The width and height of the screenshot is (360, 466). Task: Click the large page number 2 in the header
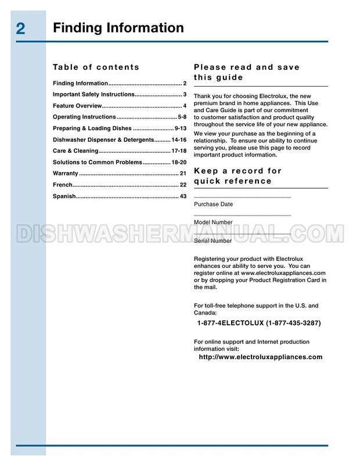20,29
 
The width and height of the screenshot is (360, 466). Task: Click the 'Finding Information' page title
118,27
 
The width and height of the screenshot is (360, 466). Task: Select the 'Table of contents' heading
96,67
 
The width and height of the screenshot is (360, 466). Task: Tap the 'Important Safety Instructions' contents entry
93,94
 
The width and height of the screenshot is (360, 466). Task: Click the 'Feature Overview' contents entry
77,106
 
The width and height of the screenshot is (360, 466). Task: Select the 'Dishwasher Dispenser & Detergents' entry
103,140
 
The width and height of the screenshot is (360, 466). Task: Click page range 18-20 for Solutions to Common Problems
176,162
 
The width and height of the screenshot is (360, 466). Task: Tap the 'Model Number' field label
213,222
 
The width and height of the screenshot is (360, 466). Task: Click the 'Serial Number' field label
213,241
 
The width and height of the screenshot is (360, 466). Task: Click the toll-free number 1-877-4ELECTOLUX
260,323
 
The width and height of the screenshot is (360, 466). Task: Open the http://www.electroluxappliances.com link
260,357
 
